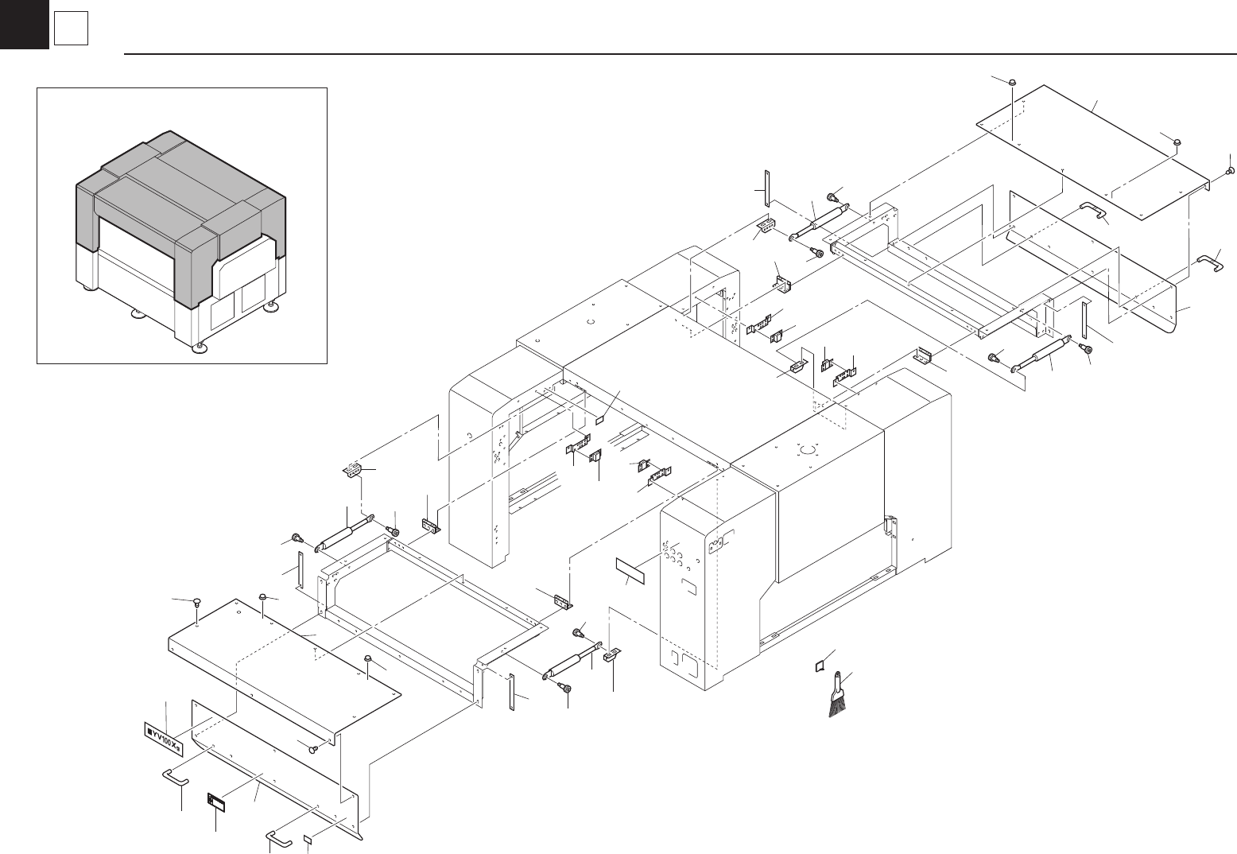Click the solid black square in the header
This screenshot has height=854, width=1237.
click(24, 24)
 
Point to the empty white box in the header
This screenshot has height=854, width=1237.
click(71, 31)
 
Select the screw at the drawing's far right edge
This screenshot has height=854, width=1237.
click(1230, 170)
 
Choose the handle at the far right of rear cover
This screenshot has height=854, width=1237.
click(1210, 262)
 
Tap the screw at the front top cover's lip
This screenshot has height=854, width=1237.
click(314, 747)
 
